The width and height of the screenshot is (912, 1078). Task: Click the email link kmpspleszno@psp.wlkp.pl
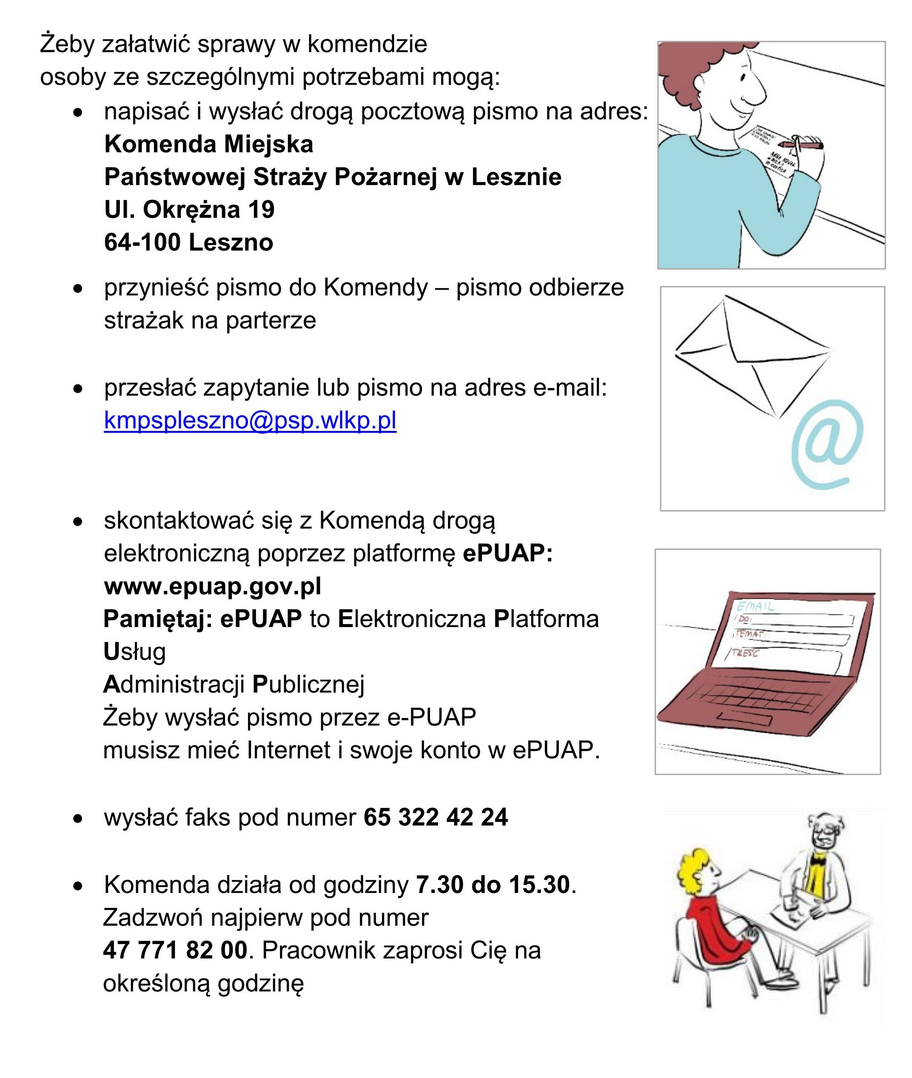click(x=250, y=421)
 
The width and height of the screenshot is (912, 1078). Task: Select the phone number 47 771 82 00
click(x=175, y=950)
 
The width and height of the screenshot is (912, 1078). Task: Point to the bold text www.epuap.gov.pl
click(x=213, y=586)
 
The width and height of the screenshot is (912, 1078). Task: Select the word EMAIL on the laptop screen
click(x=755, y=607)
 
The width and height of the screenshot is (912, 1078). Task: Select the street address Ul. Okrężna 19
click(x=189, y=210)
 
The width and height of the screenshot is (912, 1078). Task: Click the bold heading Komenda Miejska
click(x=208, y=144)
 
